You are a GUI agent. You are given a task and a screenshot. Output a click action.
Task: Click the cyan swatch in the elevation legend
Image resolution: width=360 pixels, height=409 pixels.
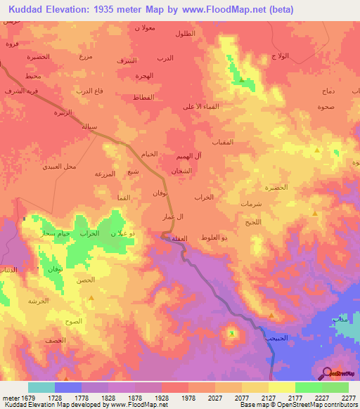point(41,387)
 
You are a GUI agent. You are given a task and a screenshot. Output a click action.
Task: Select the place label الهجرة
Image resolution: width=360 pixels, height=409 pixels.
point(144,75)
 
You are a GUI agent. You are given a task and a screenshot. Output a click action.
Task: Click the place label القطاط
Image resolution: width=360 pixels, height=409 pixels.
point(143,97)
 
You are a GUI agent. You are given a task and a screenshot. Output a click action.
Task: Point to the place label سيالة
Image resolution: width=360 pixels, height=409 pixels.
point(93,126)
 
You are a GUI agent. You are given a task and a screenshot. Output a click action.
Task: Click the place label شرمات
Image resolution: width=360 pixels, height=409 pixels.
point(251,203)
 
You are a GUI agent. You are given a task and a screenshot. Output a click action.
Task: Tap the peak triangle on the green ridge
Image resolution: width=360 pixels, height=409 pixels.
point(242,79)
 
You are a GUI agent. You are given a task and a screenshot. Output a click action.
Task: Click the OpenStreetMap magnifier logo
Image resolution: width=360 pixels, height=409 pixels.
point(326,373)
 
